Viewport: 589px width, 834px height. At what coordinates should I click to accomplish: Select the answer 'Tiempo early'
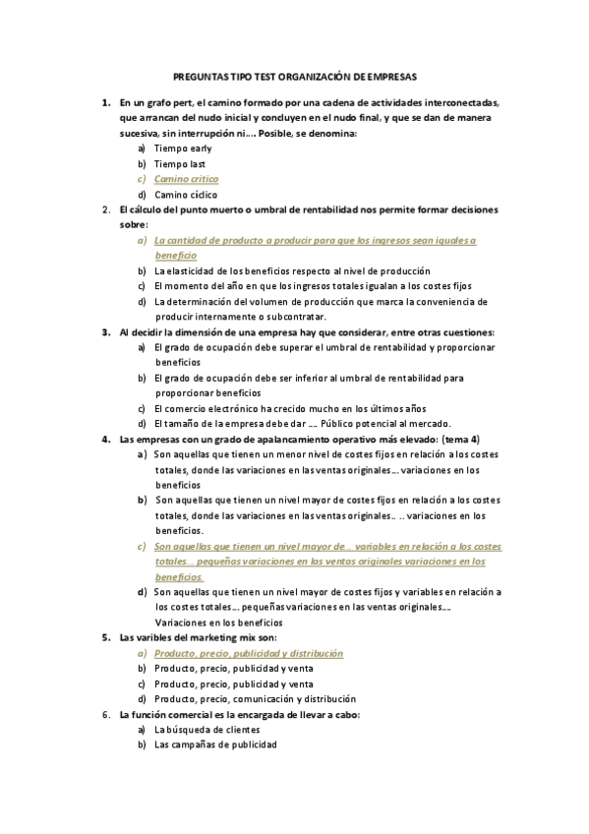point(183,148)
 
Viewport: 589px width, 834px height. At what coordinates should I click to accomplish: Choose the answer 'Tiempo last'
point(180,163)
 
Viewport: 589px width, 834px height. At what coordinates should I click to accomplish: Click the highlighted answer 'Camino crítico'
point(187,179)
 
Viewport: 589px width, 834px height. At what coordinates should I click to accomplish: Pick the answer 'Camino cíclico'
point(186,195)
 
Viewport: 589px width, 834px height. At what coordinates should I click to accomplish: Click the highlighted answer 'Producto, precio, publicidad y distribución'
point(249,653)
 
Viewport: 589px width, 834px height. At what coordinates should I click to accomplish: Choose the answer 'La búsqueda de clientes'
point(206,730)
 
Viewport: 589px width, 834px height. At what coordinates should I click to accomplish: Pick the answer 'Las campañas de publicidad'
point(215,745)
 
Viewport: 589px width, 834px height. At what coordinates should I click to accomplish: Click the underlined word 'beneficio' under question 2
point(175,256)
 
